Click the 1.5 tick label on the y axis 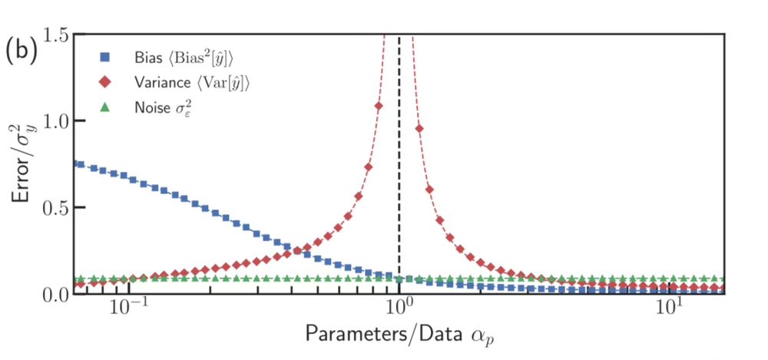pyautogui.click(x=58, y=35)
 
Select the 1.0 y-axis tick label pyautogui.click(x=58, y=121)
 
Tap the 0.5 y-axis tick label pyautogui.click(x=58, y=208)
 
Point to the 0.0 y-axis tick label pyautogui.click(x=58, y=294)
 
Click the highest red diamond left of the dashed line pyautogui.click(x=379, y=106)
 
